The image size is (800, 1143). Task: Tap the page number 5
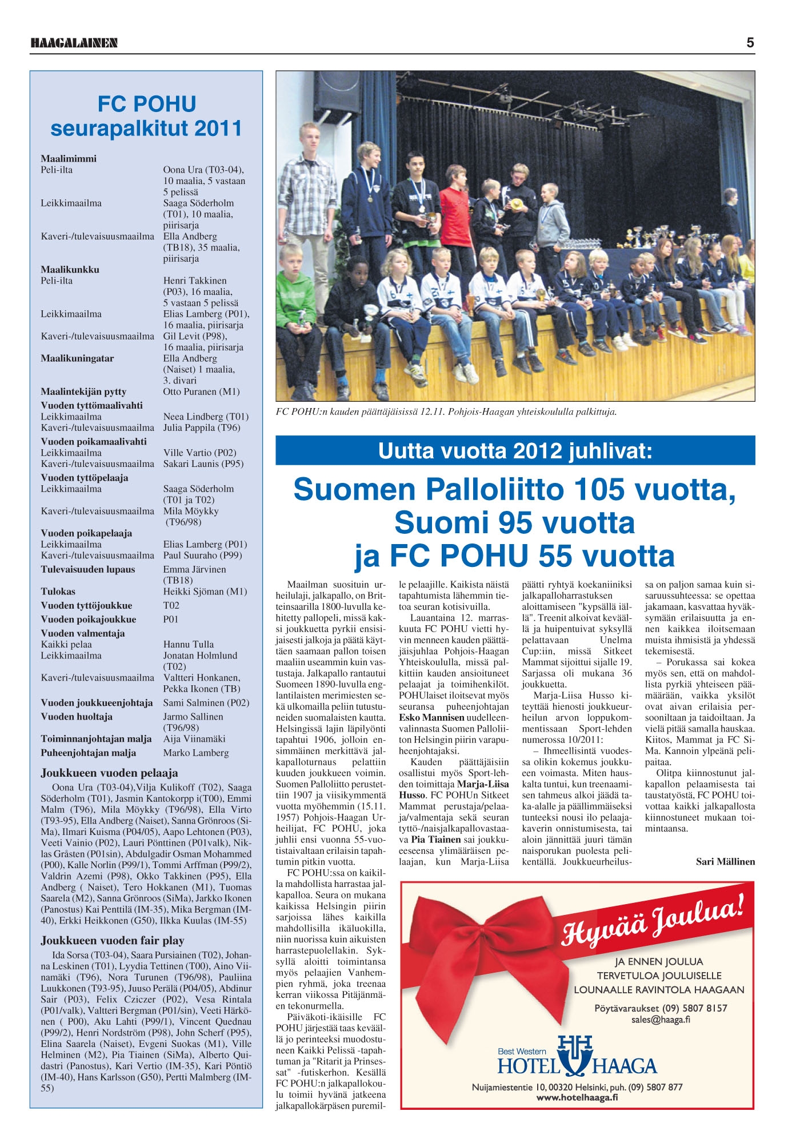[x=750, y=42]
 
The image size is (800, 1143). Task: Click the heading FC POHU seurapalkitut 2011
[x=146, y=116]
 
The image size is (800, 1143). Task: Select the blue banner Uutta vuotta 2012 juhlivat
[x=515, y=451]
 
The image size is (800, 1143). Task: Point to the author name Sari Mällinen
[x=725, y=861]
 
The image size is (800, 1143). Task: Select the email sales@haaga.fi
[x=660, y=1020]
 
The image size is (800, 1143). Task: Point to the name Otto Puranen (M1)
[x=201, y=391]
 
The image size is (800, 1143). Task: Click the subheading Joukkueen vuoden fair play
[x=112, y=940]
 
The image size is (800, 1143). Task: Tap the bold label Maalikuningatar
[x=77, y=358]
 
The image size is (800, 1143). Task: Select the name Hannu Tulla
[x=189, y=644]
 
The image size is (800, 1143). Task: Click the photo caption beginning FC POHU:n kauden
[x=446, y=411]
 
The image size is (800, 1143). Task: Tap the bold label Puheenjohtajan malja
[x=88, y=753]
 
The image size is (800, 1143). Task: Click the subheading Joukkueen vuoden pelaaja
[x=109, y=773]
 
